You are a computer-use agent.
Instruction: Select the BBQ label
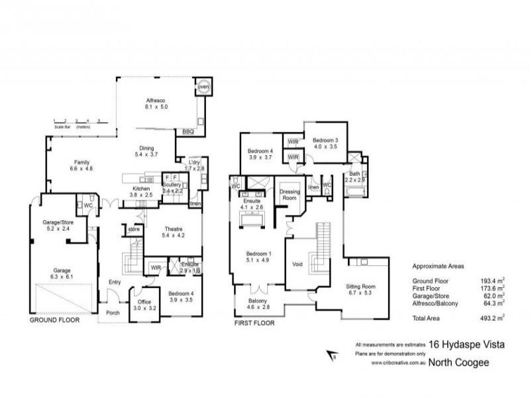coord(187,132)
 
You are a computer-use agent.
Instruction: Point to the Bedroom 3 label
coord(326,141)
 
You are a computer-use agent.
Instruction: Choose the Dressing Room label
coord(290,194)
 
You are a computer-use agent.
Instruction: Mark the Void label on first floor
coord(298,263)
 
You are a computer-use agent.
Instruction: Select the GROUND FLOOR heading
coord(54,320)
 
